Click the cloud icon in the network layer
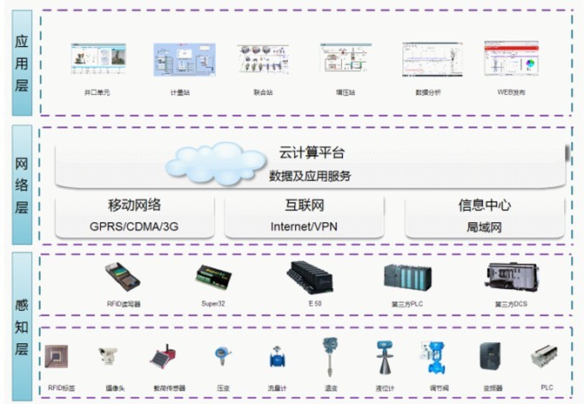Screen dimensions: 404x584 (x=215, y=160)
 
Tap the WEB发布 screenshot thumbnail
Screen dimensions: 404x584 (x=508, y=60)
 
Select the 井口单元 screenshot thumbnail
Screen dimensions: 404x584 (x=97, y=60)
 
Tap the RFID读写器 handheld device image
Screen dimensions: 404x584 (x=122, y=276)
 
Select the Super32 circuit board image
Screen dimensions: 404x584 (x=214, y=278)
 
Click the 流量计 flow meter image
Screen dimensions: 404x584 (x=277, y=358)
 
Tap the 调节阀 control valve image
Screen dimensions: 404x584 (x=433, y=356)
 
